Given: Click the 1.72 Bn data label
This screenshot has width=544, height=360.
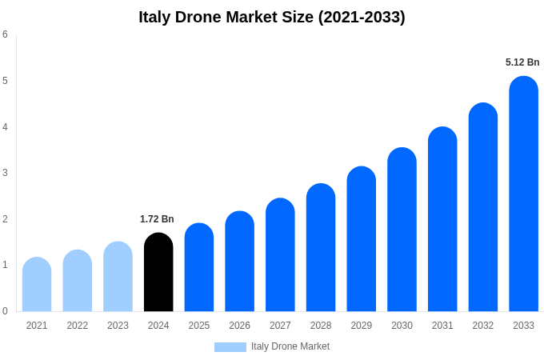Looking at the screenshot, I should pyautogui.click(x=157, y=219).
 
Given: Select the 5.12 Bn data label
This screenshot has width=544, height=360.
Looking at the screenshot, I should pyautogui.click(x=522, y=62).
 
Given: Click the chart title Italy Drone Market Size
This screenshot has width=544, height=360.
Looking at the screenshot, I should pyautogui.click(x=272, y=17).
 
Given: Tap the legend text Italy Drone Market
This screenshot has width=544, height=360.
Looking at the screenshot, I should pyautogui.click(x=290, y=346).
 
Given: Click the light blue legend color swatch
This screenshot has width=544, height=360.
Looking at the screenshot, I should pyautogui.click(x=230, y=346).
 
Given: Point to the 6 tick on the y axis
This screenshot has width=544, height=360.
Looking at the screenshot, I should pyautogui.click(x=5, y=34).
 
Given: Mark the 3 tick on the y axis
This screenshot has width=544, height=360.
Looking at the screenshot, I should pyautogui.click(x=5, y=173).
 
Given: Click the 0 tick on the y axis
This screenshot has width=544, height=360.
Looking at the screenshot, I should pyautogui.click(x=5, y=311).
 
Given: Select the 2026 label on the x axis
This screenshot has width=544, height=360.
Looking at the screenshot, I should pyautogui.click(x=239, y=326).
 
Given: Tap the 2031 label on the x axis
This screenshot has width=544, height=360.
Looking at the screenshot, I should pyautogui.click(x=442, y=326).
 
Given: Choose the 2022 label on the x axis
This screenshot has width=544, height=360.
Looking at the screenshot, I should pyautogui.click(x=78, y=326).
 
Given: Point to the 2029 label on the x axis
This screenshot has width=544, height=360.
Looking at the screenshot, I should pyautogui.click(x=361, y=326).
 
